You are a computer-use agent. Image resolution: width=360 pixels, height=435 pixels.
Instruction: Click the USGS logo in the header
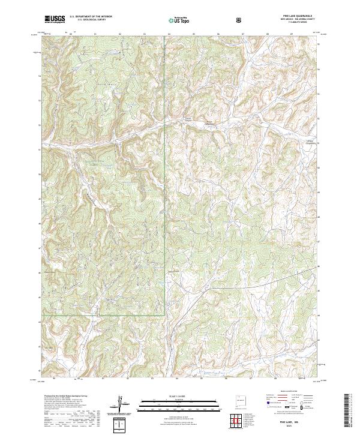point(55,19)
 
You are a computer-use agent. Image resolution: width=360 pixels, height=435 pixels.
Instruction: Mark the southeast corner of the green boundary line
point(164,314)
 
